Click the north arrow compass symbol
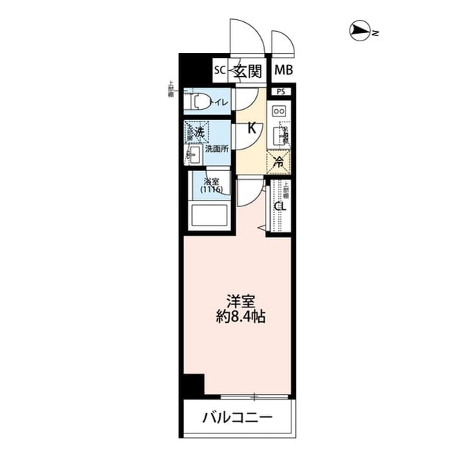point(360,31)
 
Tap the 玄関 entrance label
point(249,71)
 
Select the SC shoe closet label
point(219,71)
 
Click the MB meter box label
point(282,71)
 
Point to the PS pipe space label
point(281,91)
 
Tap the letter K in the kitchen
point(252,128)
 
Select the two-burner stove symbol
point(280,111)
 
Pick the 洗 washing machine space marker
point(197,132)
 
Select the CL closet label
point(279,206)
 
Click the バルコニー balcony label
point(237,418)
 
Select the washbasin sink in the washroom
point(195,155)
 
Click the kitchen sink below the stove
point(279,136)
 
